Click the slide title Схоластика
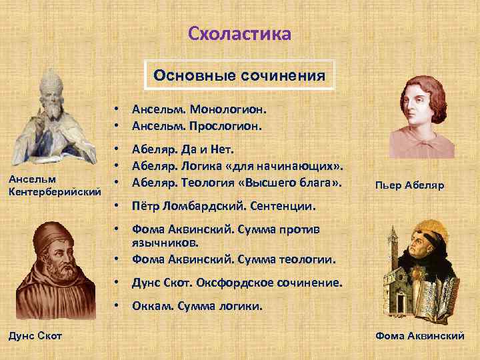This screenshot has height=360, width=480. click(x=239, y=33)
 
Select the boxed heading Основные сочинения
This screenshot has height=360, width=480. click(x=239, y=75)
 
